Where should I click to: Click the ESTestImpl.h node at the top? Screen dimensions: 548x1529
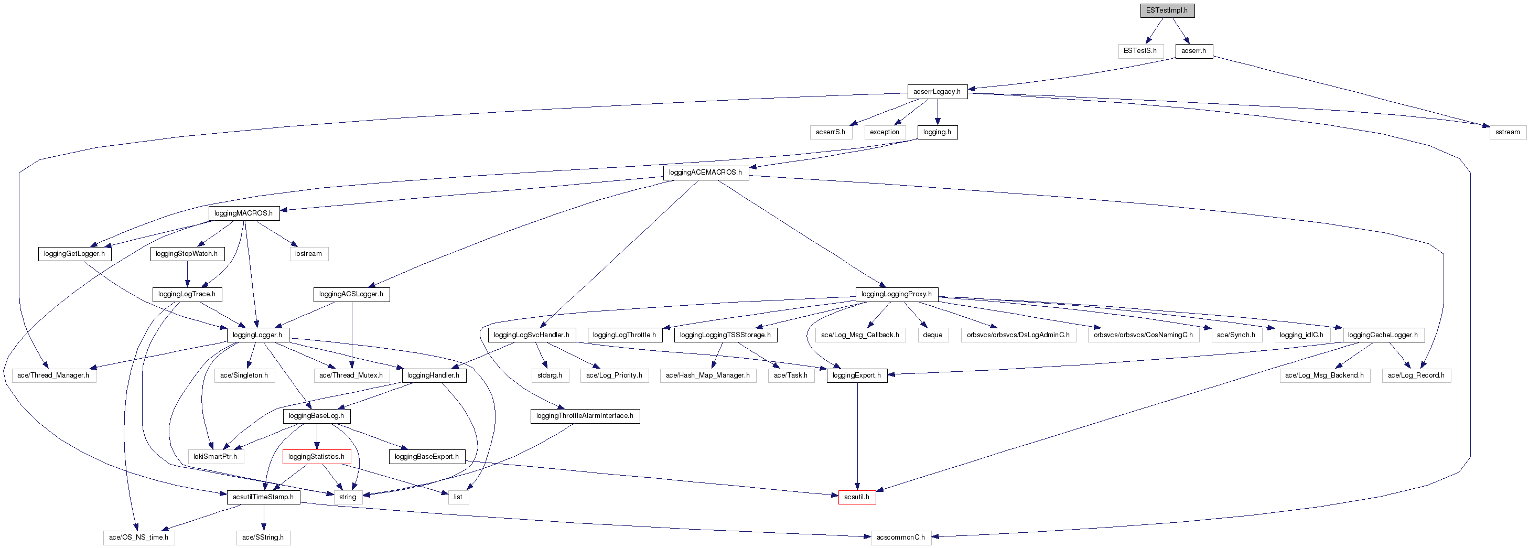1167,10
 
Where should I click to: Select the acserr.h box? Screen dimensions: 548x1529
1193,51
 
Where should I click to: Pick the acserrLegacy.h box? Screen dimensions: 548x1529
936,92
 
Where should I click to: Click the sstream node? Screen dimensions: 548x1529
1507,132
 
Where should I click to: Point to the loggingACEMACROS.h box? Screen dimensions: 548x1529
705,173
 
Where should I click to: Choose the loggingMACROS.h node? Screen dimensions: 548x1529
243,213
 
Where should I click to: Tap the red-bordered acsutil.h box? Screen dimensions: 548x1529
856,498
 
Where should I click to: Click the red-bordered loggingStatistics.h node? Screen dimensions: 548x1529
316,457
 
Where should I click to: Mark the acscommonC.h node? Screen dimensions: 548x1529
900,538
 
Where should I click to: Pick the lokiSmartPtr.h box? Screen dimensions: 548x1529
215,457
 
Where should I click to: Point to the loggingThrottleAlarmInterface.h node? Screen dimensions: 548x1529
585,416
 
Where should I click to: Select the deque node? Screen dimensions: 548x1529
932,336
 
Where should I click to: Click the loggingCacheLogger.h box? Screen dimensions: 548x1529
1382,336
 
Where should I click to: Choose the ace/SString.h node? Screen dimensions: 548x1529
263,538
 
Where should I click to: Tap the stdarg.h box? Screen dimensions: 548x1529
550,376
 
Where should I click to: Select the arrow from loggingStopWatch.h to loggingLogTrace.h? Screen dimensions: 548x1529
188,274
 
